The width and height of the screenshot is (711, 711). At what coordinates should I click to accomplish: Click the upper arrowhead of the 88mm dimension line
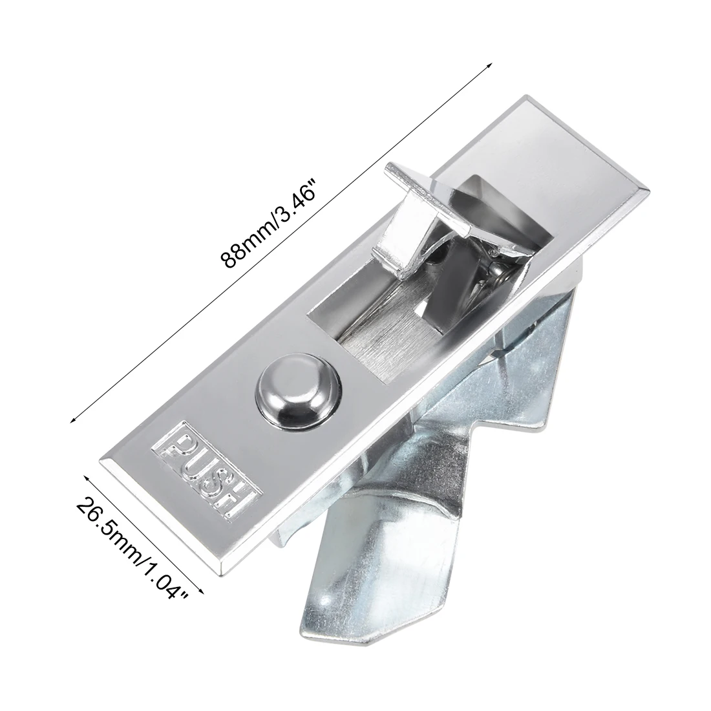pyautogui.click(x=490, y=65)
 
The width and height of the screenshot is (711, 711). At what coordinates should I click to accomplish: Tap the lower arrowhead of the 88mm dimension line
pyautogui.click(x=72, y=421)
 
